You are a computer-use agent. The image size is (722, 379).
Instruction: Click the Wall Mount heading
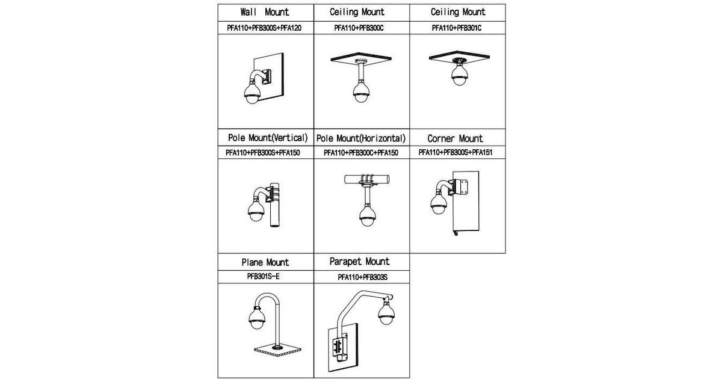pos(265,12)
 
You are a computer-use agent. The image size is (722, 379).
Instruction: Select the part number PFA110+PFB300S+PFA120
pos(264,28)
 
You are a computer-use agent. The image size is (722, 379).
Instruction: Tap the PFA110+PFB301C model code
pos(457,28)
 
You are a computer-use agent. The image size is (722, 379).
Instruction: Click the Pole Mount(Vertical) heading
pos(268,138)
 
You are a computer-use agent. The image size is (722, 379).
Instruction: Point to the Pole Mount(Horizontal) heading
pos(360,138)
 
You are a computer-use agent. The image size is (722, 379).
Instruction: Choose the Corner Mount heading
pos(455,138)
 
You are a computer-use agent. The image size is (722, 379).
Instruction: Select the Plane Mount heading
pos(265,262)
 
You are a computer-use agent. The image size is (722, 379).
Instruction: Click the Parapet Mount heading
pos(359,261)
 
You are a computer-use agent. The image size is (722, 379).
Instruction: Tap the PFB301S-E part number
pos(264,276)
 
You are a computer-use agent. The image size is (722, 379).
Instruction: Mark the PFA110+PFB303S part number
pos(363,277)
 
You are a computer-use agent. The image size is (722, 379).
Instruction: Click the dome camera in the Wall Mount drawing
pos(252,93)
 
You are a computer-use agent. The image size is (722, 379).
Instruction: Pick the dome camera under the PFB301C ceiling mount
pos(459,75)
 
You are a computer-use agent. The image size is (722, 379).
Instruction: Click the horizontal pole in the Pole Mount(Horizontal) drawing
pos(367,179)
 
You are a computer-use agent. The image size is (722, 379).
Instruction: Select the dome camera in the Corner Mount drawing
pos(439,203)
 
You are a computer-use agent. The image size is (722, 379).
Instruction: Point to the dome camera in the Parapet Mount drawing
pos(386,312)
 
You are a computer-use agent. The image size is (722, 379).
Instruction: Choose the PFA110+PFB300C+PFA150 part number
pos(361,153)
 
